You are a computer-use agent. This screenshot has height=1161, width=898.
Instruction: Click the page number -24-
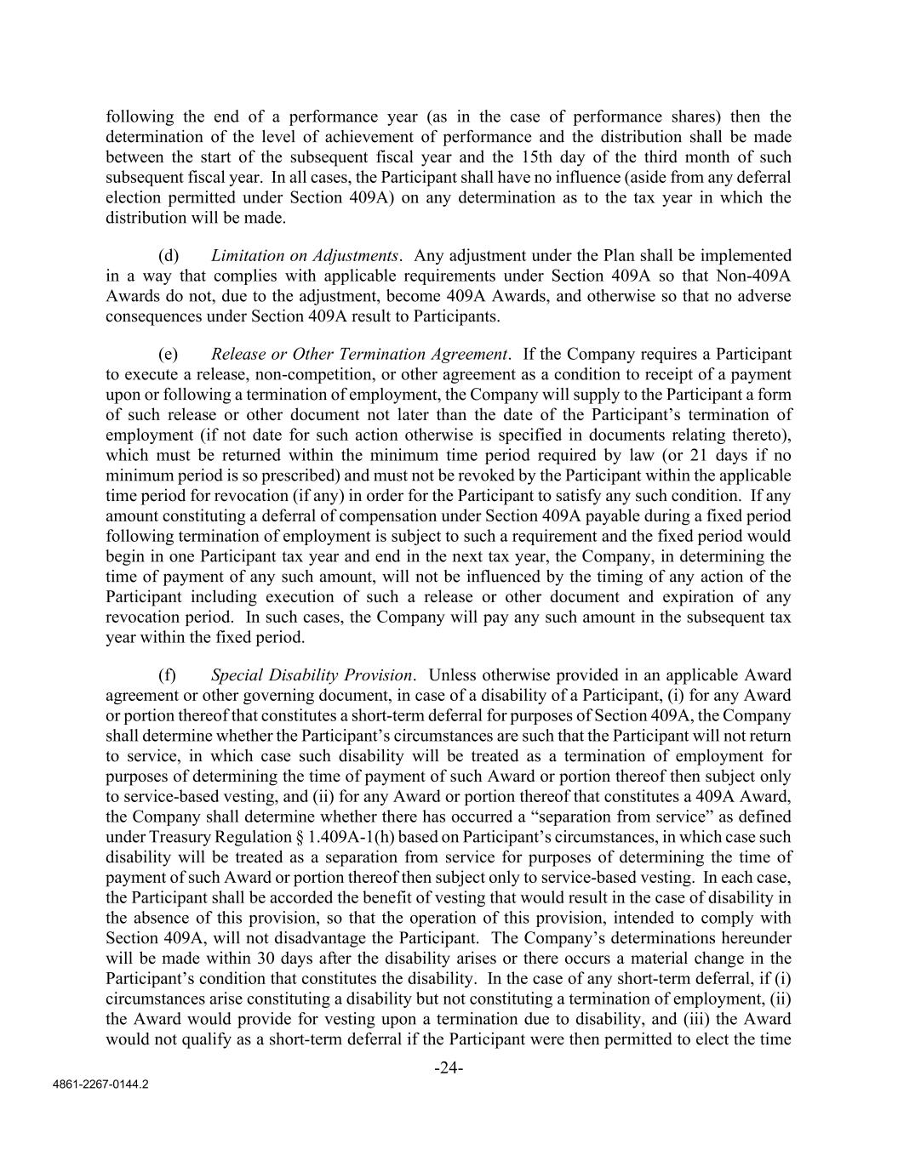(449, 1067)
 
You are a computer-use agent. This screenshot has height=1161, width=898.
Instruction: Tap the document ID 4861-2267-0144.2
(100, 1086)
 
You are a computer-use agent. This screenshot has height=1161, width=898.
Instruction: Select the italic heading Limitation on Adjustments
(305, 255)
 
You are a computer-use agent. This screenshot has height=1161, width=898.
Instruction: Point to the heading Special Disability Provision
(312, 675)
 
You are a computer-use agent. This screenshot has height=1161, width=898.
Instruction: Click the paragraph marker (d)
(169, 255)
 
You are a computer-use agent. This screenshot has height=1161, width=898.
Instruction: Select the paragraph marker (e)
(169, 354)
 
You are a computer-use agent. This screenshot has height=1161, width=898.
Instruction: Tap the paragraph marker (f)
(168, 675)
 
